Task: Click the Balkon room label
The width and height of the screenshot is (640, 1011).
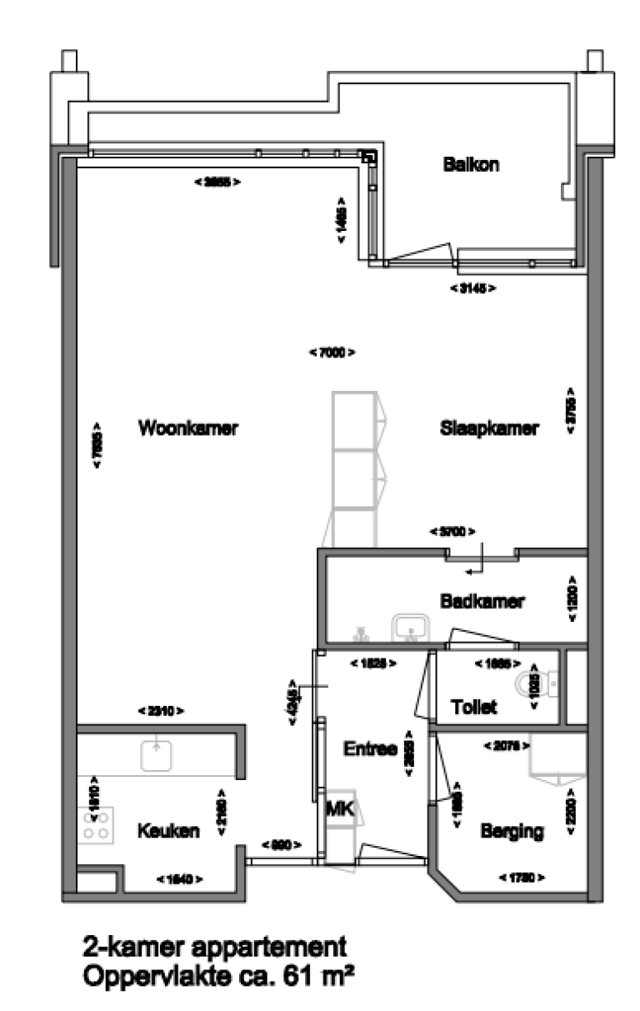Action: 471,165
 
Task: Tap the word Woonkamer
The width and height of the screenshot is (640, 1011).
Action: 189,429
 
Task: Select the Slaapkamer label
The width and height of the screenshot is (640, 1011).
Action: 489,429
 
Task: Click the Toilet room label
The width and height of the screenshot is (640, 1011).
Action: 473,708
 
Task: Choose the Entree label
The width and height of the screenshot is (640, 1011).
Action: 369,748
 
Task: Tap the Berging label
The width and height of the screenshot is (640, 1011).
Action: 512,831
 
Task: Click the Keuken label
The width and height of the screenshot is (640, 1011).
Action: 169,831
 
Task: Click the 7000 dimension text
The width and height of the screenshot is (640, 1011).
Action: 332,353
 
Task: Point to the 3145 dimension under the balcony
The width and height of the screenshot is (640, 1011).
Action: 472,288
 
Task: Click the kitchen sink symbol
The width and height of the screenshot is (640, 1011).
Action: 156,754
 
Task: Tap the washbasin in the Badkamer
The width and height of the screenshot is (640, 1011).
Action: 411,628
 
